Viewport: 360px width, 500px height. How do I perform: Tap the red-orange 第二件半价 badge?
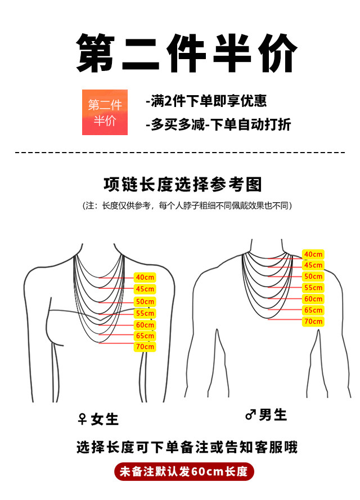[105, 112]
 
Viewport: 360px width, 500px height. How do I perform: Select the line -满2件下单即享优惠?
[206, 101]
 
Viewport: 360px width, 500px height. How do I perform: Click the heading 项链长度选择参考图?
[183, 184]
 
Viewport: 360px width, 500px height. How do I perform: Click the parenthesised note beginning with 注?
[187, 206]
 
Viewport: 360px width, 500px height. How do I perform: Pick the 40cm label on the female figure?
[145, 277]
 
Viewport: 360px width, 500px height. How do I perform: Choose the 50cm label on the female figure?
[145, 302]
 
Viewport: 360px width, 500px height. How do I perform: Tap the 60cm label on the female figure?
[145, 325]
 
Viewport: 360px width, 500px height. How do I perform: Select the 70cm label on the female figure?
[145, 347]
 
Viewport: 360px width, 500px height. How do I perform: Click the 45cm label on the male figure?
[313, 265]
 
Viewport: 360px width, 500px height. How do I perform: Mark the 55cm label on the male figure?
[313, 288]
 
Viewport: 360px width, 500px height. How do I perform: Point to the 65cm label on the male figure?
[313, 310]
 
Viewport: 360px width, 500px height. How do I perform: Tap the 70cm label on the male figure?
[313, 322]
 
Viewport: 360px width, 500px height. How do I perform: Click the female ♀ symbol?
[82, 419]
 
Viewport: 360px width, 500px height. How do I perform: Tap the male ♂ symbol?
[250, 416]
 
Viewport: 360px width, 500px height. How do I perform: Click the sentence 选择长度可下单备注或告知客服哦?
[187, 448]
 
